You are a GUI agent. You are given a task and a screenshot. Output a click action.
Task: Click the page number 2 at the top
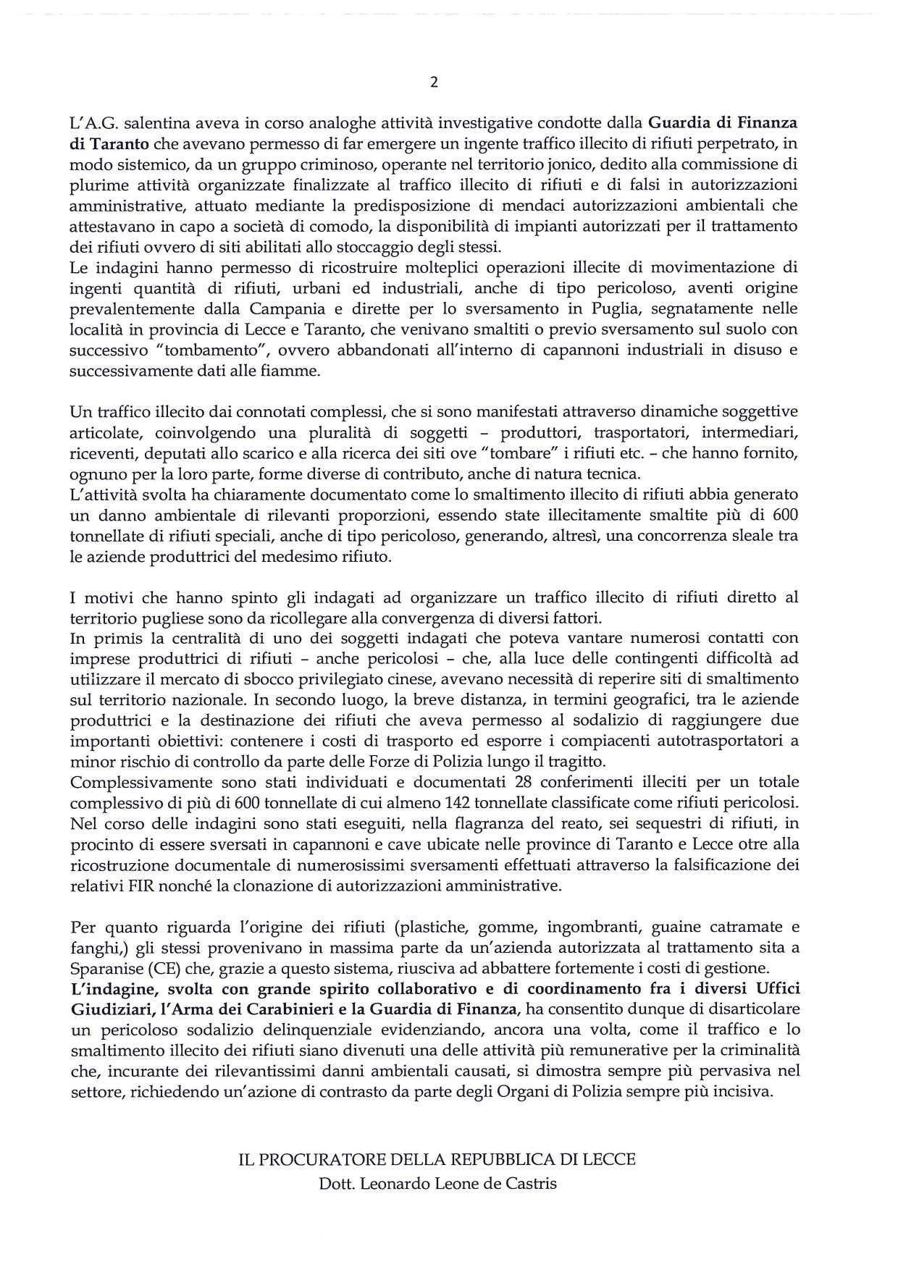(434, 82)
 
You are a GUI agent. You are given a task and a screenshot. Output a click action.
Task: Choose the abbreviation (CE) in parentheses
(167, 967)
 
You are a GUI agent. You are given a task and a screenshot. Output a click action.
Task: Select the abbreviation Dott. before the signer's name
(337, 1185)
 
